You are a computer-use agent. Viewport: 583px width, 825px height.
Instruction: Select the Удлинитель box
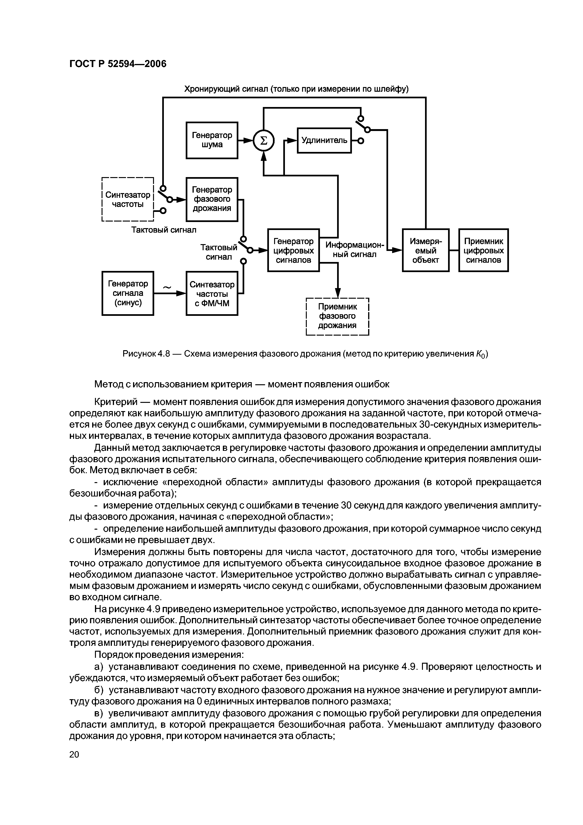tap(324, 140)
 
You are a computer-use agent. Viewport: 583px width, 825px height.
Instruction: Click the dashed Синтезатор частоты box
tap(128, 199)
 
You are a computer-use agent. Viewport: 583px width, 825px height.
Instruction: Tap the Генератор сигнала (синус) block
tap(128, 293)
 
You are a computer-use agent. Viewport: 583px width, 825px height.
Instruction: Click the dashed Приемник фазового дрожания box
tap(337, 316)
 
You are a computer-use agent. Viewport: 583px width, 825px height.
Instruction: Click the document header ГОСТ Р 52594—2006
tap(118, 64)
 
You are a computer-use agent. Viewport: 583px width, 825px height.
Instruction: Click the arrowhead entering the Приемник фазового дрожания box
tap(337, 293)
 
